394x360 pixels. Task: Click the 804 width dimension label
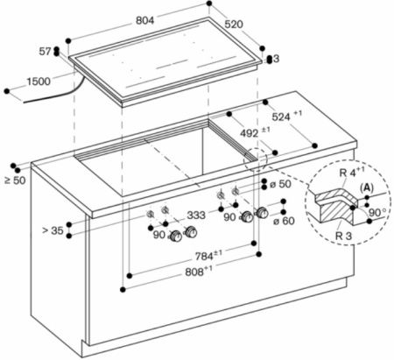click(x=145, y=20)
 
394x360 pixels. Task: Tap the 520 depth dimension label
click(x=234, y=24)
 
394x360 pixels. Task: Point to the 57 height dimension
click(x=45, y=52)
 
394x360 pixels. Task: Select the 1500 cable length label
click(x=39, y=81)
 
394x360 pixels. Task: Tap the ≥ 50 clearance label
click(x=15, y=180)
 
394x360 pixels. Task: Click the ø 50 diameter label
click(x=280, y=184)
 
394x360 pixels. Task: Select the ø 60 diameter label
click(x=284, y=221)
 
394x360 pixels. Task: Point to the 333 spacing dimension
click(x=196, y=215)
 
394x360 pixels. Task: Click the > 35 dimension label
click(x=53, y=230)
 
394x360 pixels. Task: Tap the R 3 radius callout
click(x=344, y=236)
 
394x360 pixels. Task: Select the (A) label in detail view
click(x=367, y=188)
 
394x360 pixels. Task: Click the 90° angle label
click(x=377, y=212)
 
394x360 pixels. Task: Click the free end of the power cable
click(x=24, y=102)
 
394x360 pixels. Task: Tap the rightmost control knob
click(x=262, y=213)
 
